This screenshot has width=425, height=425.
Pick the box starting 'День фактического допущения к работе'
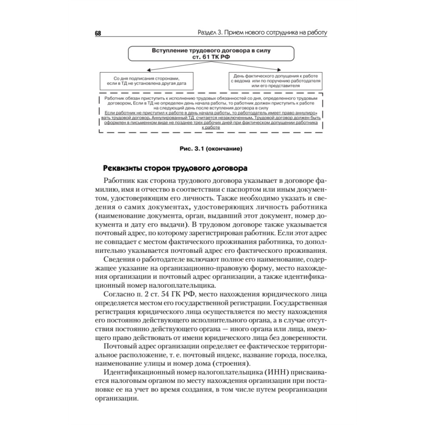click(276, 80)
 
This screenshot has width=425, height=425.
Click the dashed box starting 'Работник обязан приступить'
click(211, 112)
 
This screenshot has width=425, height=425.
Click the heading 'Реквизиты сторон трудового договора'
click(173, 169)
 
